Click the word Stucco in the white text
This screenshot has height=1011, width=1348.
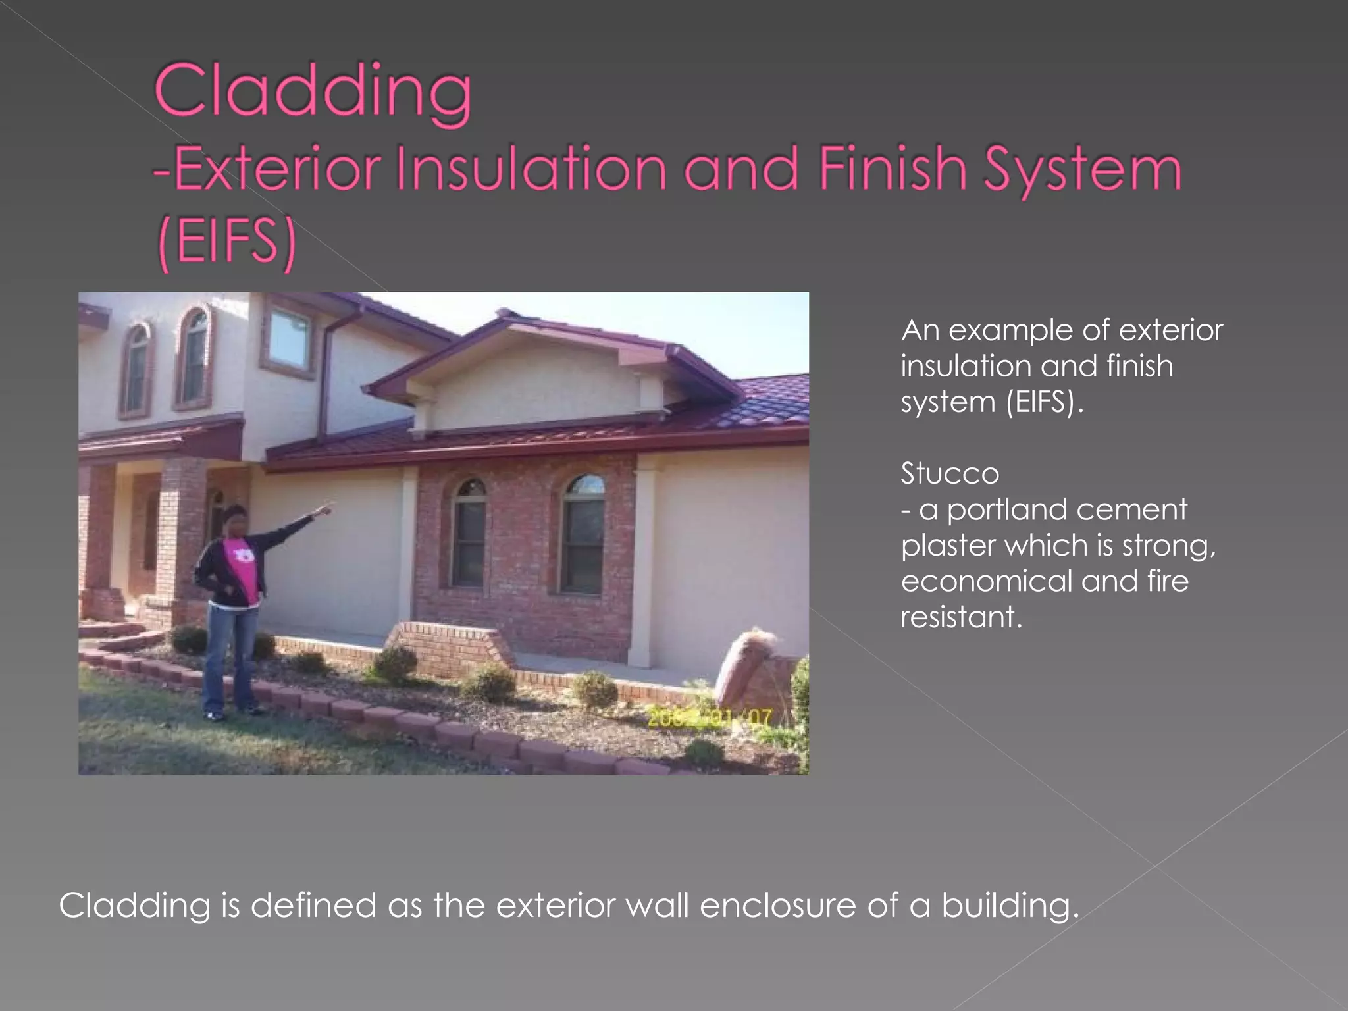(x=949, y=474)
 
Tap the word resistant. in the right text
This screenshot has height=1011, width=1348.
(x=961, y=617)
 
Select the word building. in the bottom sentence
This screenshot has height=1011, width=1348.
(x=1010, y=906)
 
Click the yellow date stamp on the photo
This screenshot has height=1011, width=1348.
(x=710, y=717)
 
